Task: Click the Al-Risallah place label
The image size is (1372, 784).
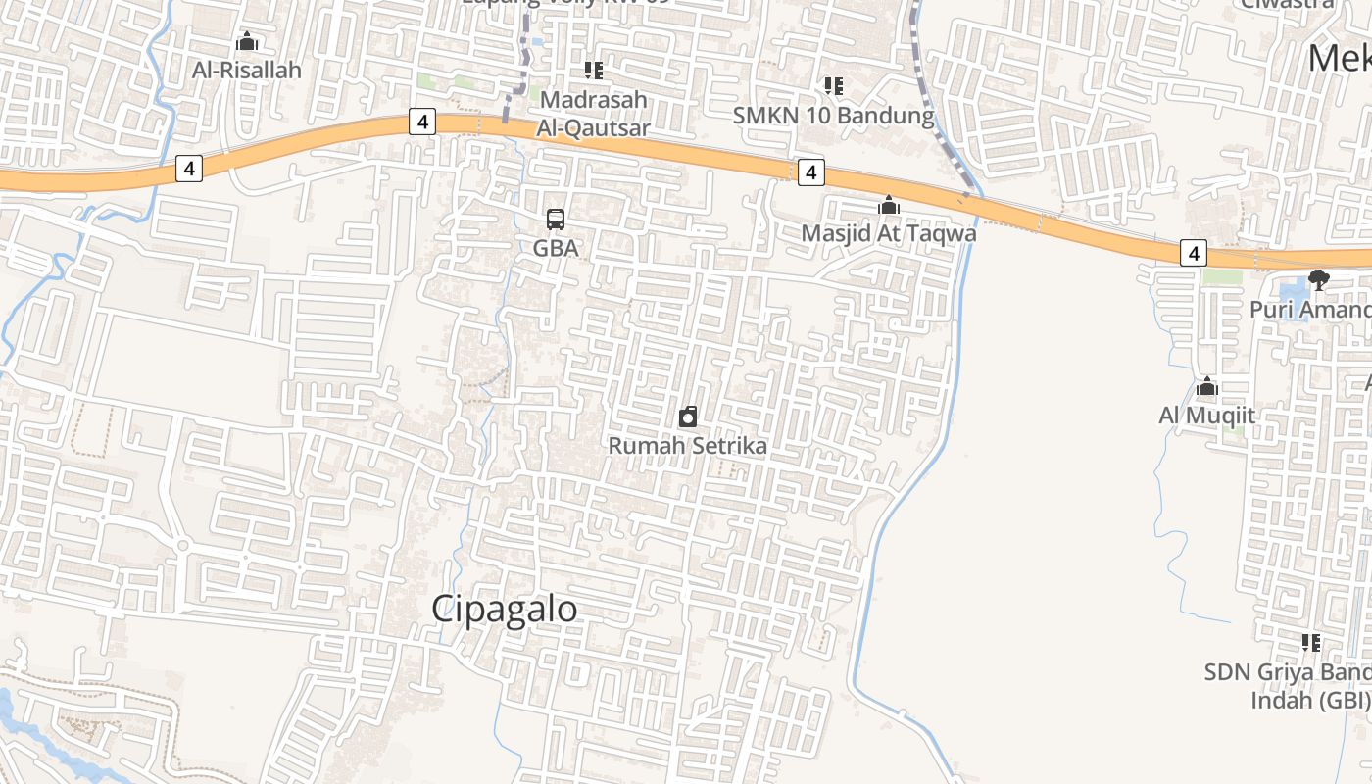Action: click(247, 71)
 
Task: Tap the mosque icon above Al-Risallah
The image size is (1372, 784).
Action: click(247, 42)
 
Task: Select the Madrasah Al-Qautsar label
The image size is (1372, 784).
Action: click(593, 114)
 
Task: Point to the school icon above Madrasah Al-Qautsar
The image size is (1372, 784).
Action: click(593, 70)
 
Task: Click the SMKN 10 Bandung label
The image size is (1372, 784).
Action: click(834, 116)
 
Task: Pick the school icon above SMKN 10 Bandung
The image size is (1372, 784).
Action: click(834, 86)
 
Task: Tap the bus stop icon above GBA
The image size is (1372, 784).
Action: click(556, 219)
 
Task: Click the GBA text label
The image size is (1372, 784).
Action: click(556, 249)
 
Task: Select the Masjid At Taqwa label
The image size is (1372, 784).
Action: click(889, 234)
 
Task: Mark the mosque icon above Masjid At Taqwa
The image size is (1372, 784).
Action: click(889, 205)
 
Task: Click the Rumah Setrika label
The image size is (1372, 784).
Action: click(688, 446)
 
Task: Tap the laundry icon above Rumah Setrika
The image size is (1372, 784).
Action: click(688, 416)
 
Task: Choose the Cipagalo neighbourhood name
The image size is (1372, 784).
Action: click(505, 609)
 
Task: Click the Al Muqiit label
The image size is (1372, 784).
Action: click(1207, 416)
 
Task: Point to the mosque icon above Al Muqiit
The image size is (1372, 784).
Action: click(1207, 387)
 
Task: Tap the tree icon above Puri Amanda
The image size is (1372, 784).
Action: click(1319, 279)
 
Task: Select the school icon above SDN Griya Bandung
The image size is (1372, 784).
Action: click(1310, 643)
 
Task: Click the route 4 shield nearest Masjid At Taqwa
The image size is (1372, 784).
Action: click(810, 172)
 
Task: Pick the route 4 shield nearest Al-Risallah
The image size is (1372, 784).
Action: click(189, 169)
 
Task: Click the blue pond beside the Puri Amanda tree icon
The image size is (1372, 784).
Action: click(1294, 290)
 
